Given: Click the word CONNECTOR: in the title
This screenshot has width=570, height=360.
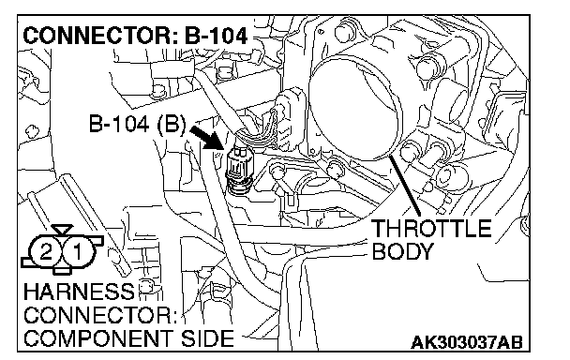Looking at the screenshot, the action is (101, 37).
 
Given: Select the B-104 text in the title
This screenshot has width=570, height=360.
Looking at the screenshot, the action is (217, 37).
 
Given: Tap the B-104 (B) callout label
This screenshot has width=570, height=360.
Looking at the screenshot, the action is (138, 124).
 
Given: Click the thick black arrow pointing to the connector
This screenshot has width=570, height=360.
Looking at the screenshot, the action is (206, 138).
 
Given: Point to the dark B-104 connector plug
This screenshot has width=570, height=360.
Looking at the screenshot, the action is (237, 168).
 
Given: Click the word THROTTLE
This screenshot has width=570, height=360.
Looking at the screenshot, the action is (431, 229).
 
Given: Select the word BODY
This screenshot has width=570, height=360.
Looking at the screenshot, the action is (403, 251).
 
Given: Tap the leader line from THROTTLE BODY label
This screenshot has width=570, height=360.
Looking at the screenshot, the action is (405, 186).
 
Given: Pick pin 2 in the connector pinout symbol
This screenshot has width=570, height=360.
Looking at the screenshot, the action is (46, 251).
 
